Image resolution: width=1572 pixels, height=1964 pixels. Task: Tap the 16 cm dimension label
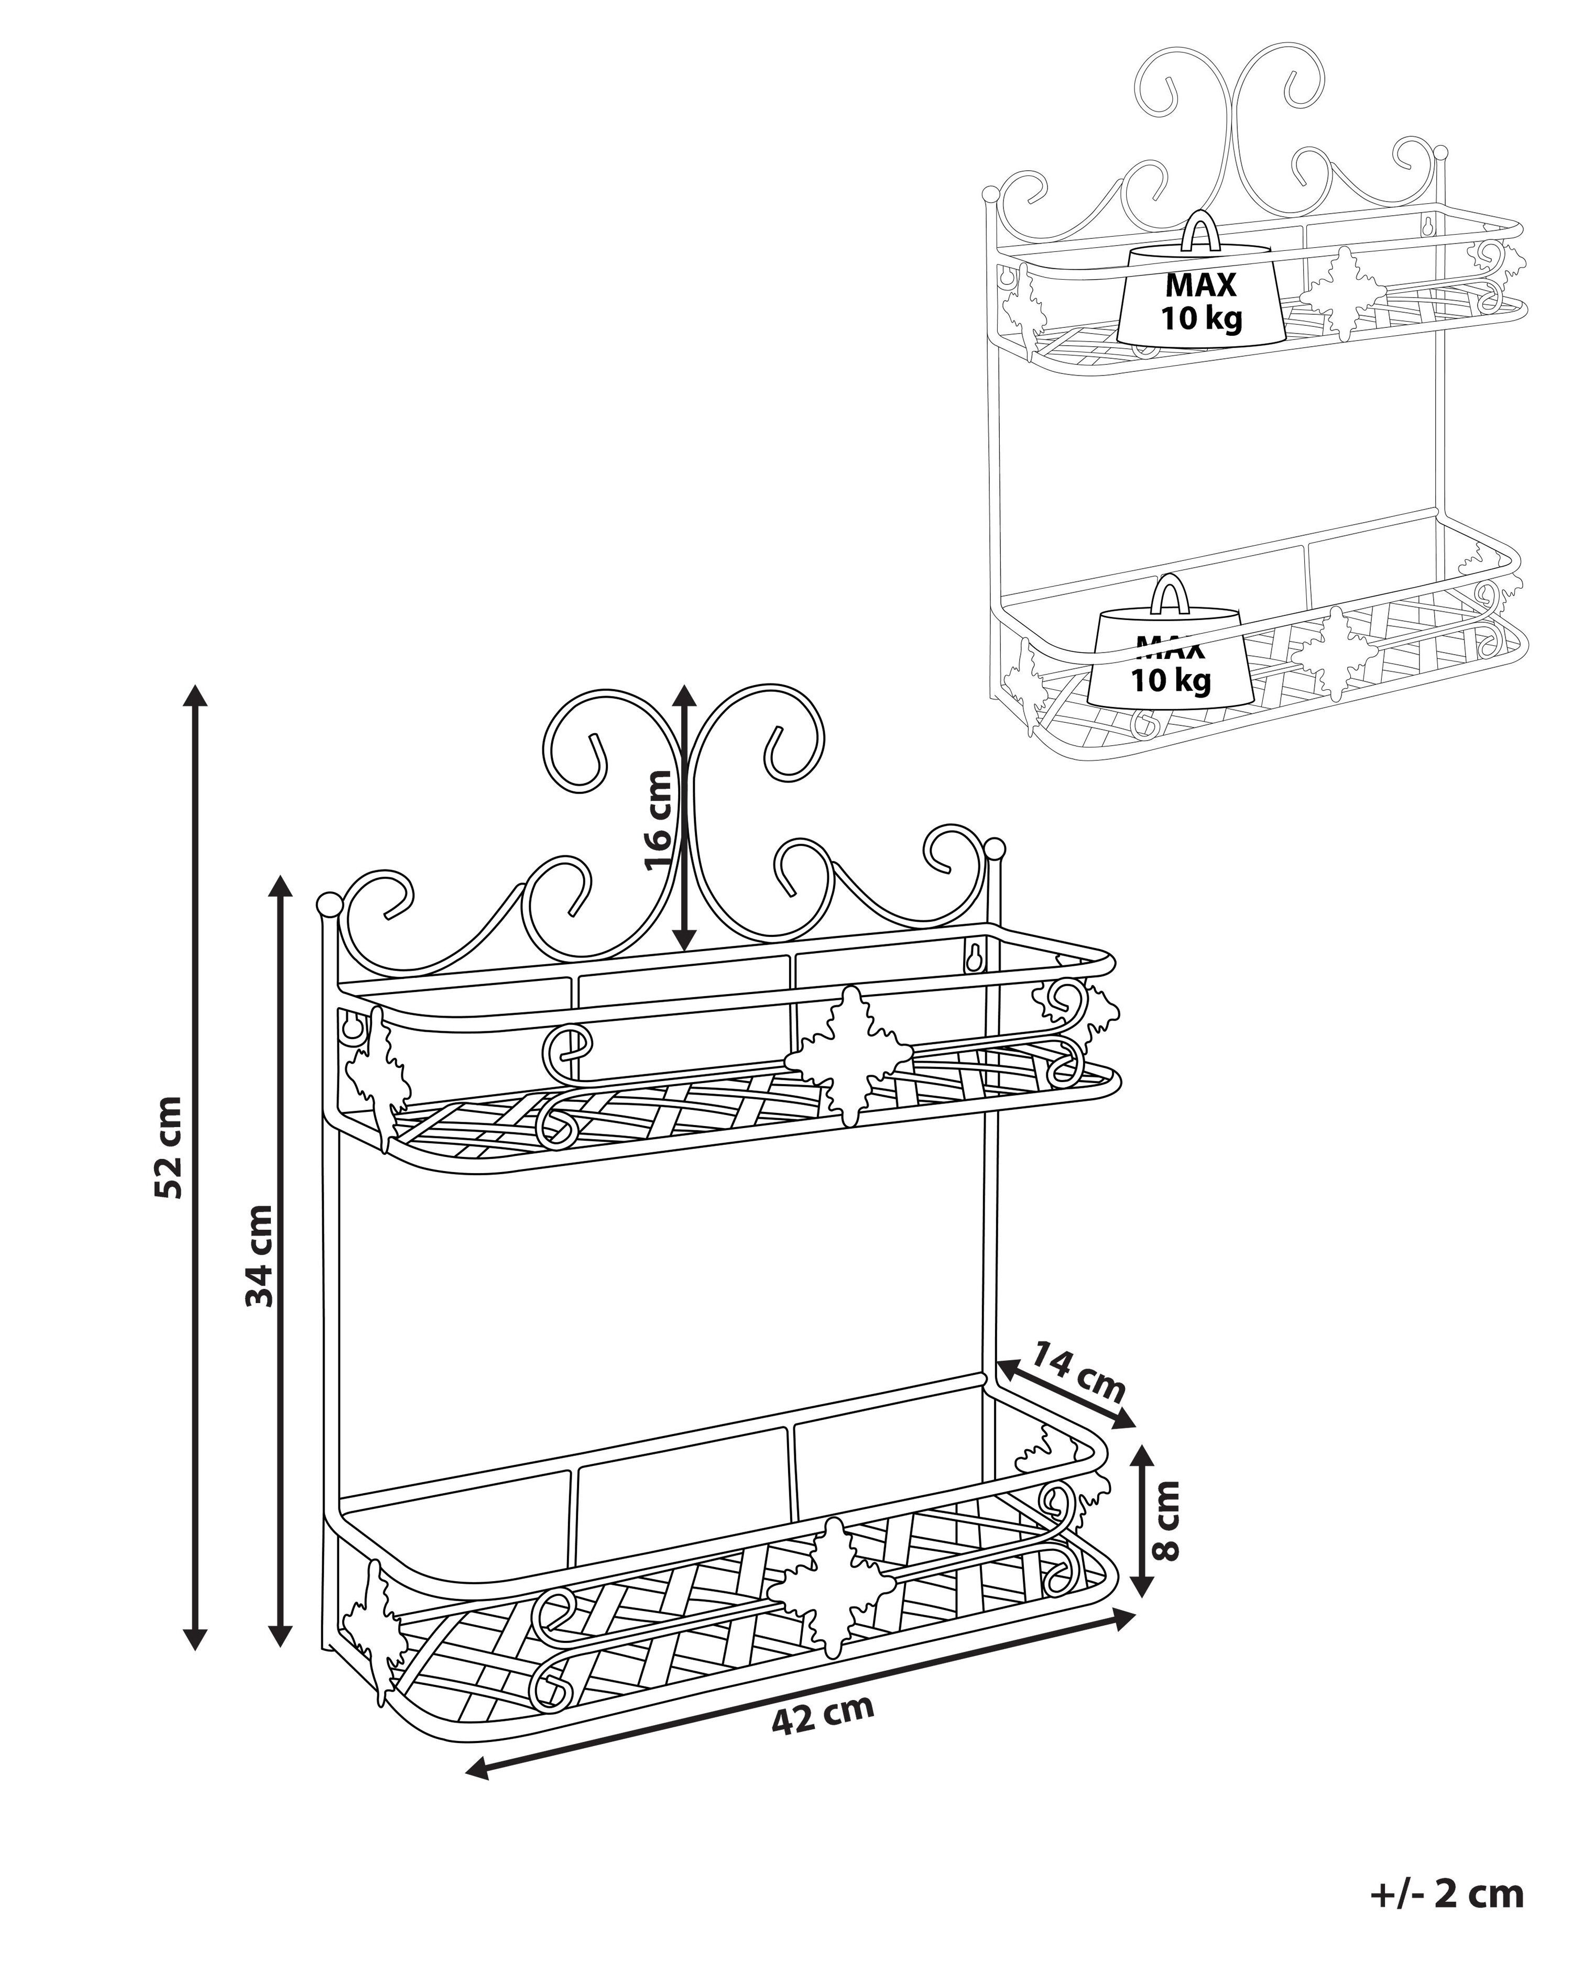coord(658,820)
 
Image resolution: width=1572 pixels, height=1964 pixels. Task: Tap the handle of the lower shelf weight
coord(1169,594)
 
